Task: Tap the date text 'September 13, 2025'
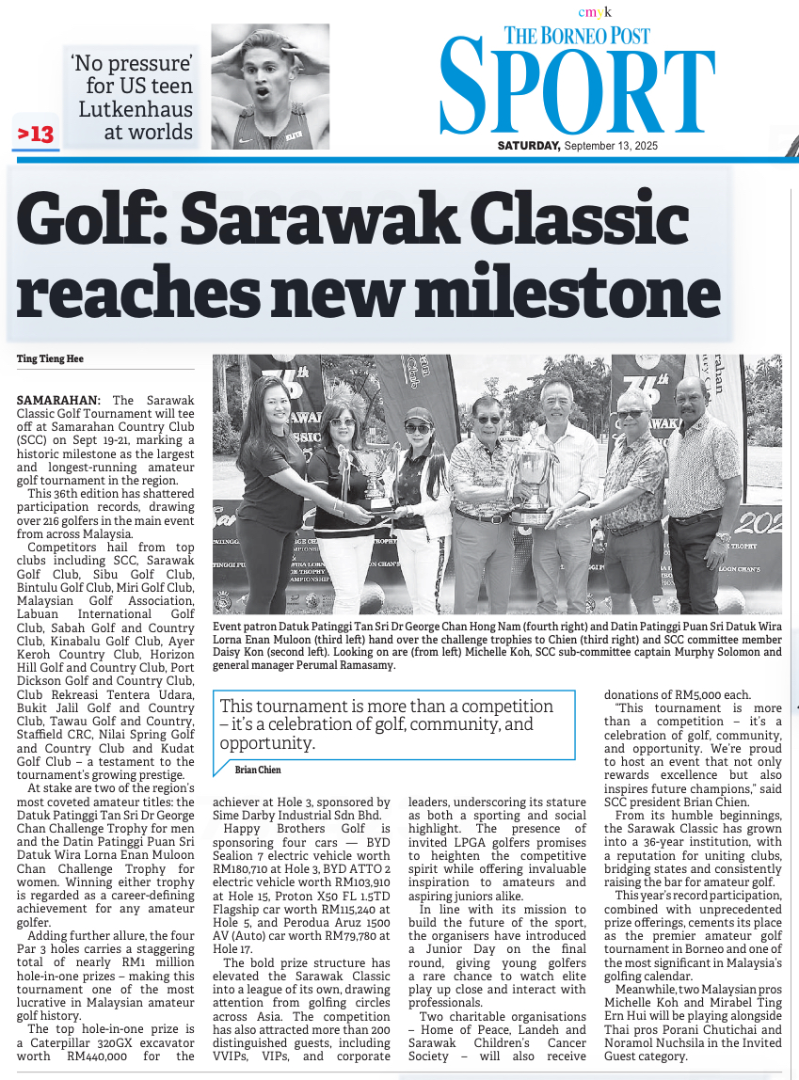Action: [x=611, y=146]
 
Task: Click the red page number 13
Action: [x=36, y=135]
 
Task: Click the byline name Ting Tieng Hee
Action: [x=51, y=359]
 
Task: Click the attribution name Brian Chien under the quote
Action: [x=257, y=770]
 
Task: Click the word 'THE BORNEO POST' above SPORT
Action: [x=577, y=37]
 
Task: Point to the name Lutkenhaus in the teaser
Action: [x=135, y=109]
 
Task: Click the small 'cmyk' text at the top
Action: [x=595, y=12]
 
